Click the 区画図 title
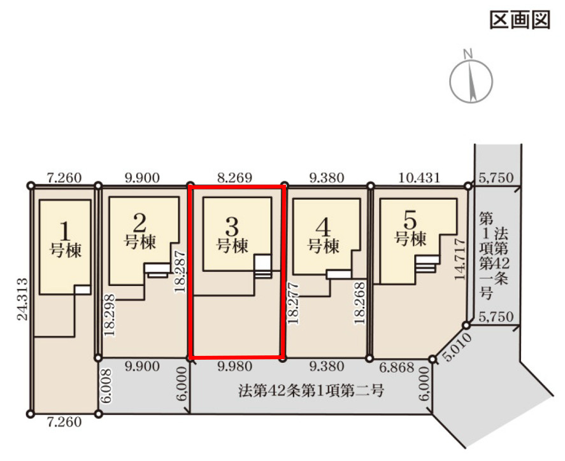point(519,20)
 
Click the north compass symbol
point(471,80)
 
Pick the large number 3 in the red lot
point(232,225)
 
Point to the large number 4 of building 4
point(324,226)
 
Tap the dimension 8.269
point(235,178)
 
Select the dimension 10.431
point(418,178)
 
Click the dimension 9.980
point(235,367)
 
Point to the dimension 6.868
point(397,367)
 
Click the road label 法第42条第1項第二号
point(309,390)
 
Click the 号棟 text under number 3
point(232,245)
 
